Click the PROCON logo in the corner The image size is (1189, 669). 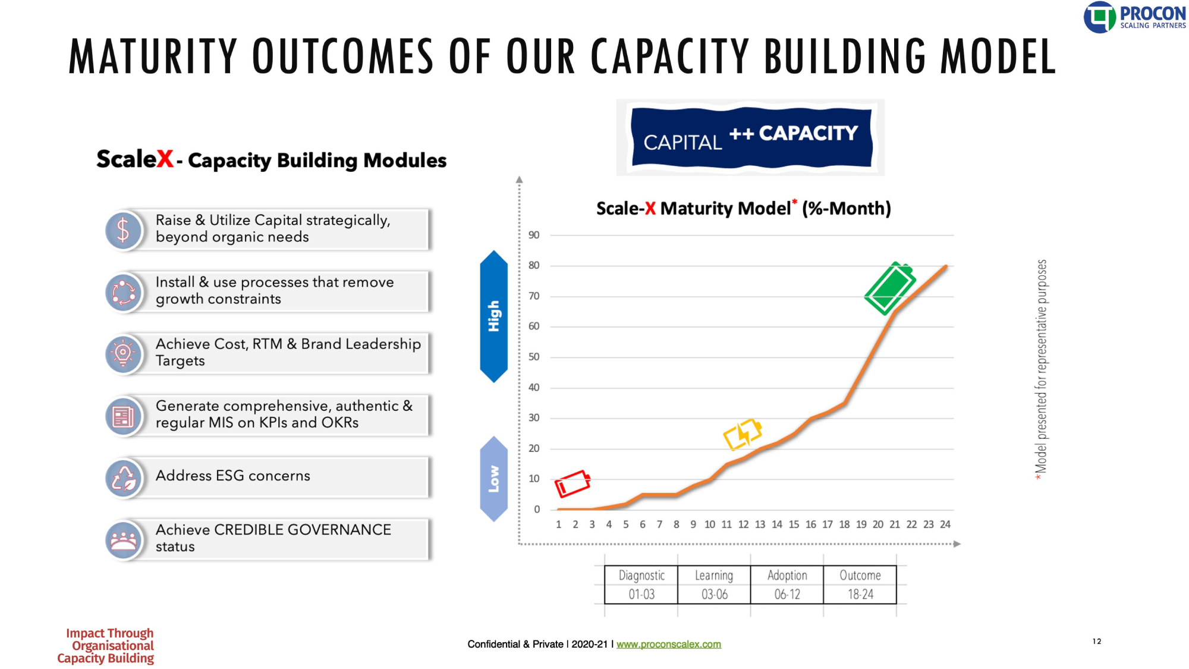coord(1134,17)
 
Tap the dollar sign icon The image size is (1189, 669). coord(123,230)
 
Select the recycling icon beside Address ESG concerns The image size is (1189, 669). coord(123,478)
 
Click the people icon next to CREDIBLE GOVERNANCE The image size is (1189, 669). coord(123,539)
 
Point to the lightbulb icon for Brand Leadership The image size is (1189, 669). coord(123,354)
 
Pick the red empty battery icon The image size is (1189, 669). coord(572,483)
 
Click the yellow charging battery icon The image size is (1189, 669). coord(743,434)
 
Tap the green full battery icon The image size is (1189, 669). coord(889,288)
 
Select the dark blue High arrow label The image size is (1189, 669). coord(493,316)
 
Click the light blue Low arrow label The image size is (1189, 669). coord(493,479)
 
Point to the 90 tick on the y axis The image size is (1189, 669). coord(534,235)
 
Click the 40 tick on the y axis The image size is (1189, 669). coord(534,387)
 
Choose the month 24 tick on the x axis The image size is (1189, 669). coord(945,524)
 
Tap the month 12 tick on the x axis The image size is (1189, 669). coord(743,524)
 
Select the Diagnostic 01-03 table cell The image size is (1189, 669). coord(641,585)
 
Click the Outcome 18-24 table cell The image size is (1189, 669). coord(860,585)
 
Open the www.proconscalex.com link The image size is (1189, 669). coord(668,644)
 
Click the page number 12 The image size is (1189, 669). coord(1097,641)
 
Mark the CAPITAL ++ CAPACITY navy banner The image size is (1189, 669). coord(751,137)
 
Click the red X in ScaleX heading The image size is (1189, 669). coord(165,159)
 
